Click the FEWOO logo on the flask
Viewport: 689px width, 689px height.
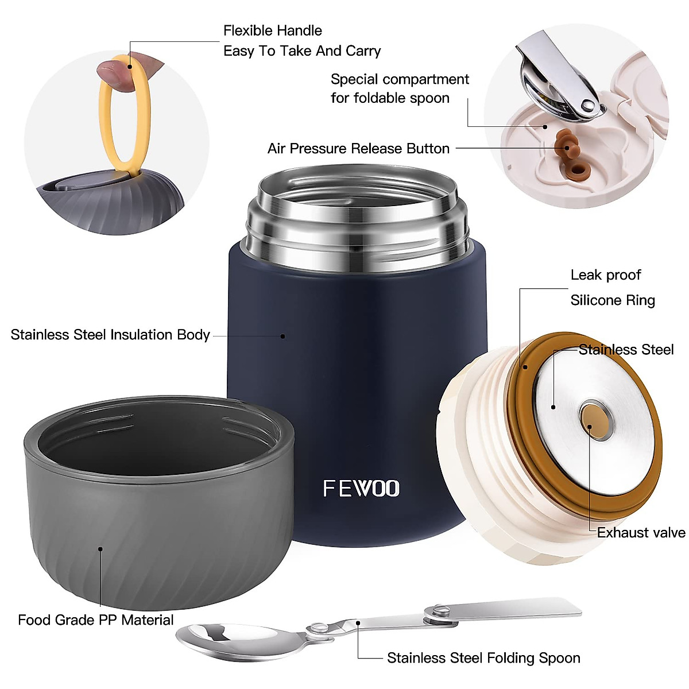click(x=361, y=488)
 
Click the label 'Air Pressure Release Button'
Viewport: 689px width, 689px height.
click(x=358, y=149)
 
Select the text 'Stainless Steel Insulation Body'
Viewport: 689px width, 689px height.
click(x=110, y=335)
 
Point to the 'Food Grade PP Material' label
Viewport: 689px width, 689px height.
click(x=95, y=620)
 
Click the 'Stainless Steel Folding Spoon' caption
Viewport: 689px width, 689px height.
click(x=483, y=658)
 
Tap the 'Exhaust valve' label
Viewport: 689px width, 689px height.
click(x=641, y=533)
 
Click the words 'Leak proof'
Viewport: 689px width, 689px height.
click(x=606, y=275)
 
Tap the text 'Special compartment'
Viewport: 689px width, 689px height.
click(x=400, y=79)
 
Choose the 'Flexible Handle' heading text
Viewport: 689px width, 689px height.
click(x=272, y=30)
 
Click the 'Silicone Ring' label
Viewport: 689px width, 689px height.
click(x=612, y=300)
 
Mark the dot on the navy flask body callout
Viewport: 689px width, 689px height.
click(x=282, y=336)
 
